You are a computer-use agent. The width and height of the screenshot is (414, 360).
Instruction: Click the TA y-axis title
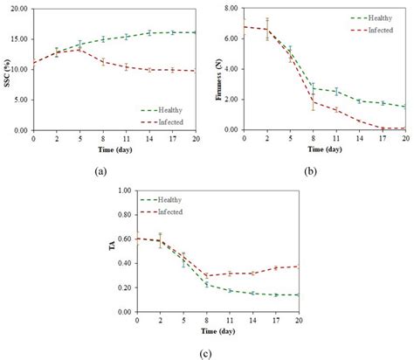tap(112, 251)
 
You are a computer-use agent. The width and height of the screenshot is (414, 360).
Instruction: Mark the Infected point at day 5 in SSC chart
tap(79, 49)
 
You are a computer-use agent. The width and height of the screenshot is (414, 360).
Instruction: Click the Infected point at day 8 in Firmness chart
tap(312, 101)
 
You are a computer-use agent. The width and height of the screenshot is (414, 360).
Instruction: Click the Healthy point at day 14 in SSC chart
tap(148, 32)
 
